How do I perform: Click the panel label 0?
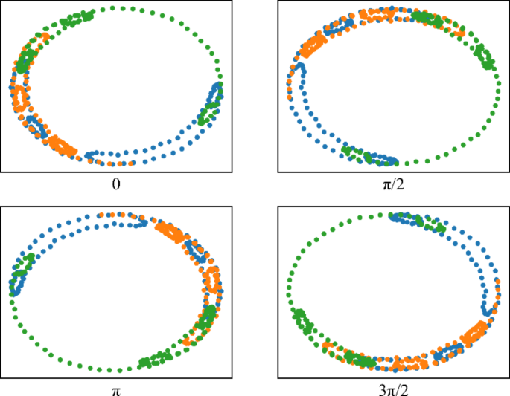coord(115,184)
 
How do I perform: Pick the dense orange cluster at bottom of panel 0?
coord(63,145)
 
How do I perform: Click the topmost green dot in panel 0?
coord(113,7)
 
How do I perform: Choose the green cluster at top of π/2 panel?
coord(426,18)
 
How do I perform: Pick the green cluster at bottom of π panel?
coord(156,360)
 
